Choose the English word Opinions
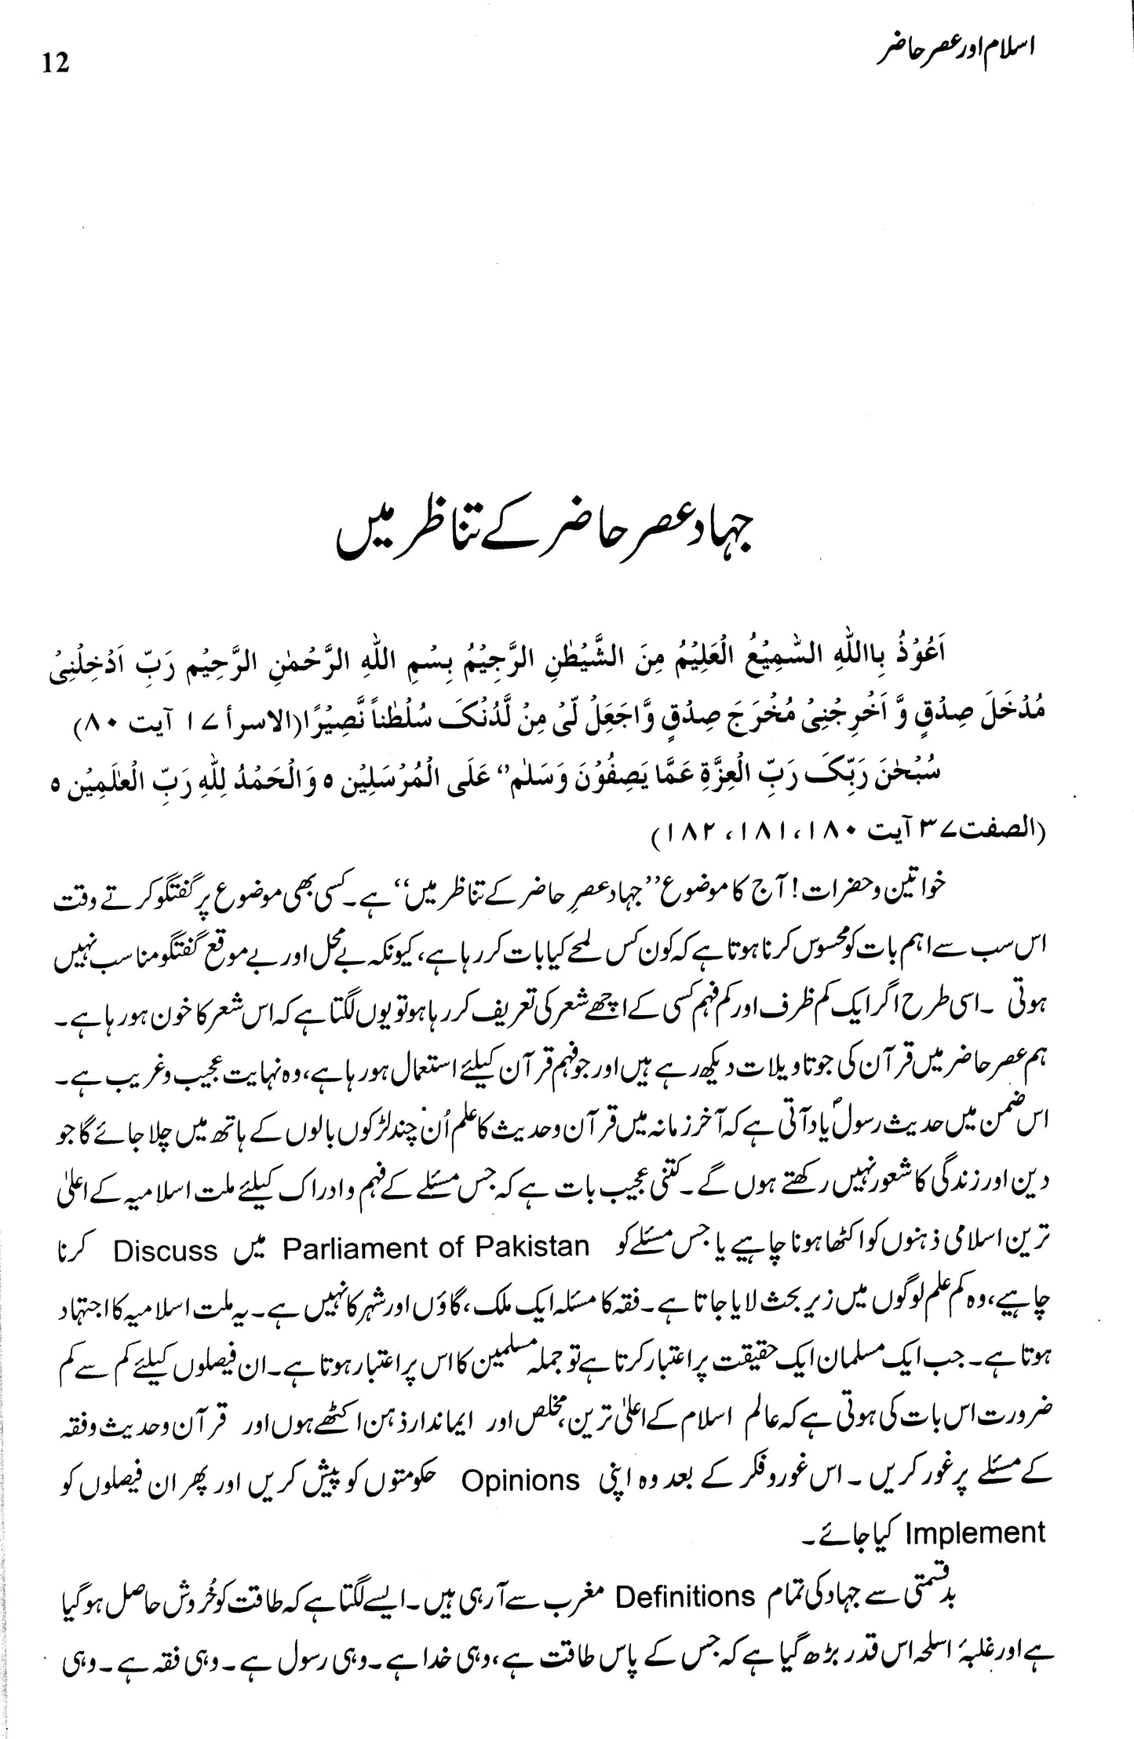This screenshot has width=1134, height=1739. tap(520, 1481)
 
